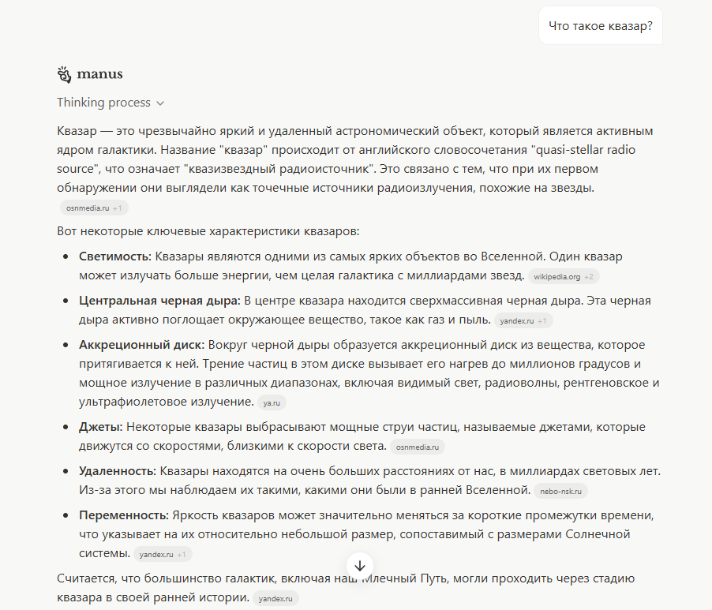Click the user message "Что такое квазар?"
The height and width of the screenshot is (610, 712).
point(601,26)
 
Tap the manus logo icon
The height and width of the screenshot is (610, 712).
point(65,75)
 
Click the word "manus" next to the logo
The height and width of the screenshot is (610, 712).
point(100,75)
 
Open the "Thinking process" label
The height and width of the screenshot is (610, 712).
point(103,103)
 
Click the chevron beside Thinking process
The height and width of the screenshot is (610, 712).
point(160,103)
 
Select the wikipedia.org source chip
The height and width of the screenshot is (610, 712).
point(556,277)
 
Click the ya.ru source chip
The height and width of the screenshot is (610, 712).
point(271,403)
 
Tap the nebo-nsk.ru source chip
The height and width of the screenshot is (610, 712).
point(560,492)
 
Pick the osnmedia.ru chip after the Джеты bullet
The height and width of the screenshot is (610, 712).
point(416,447)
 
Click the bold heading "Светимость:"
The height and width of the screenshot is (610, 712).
point(115,257)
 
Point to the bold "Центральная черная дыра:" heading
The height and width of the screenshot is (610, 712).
point(159,301)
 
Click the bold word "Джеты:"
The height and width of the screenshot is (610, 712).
point(100,427)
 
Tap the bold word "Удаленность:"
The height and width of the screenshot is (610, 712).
point(117,471)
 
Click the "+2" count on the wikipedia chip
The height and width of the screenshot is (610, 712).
point(589,277)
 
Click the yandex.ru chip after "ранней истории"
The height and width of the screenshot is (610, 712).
point(275,599)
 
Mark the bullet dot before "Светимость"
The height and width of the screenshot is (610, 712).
point(66,257)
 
